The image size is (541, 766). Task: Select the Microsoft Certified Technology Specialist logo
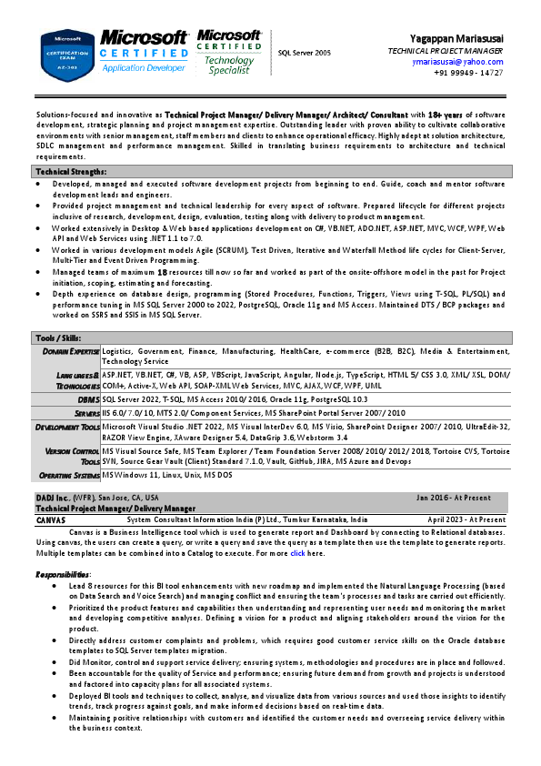click(x=229, y=52)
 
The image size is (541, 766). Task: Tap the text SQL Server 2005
click(x=305, y=53)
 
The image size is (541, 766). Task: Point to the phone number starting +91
click(x=468, y=73)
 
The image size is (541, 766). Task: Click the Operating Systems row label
click(x=68, y=475)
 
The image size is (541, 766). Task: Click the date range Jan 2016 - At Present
click(x=454, y=498)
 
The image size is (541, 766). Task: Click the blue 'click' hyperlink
click(x=297, y=553)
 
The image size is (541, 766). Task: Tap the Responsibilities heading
click(x=63, y=574)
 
